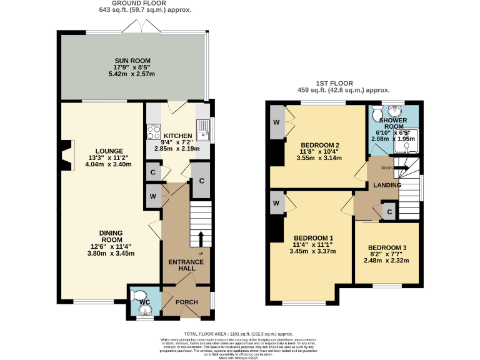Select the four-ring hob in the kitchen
[x=153, y=132]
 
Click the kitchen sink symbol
[x=202, y=132]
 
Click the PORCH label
[x=186, y=302]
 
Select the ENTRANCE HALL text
[x=183, y=264]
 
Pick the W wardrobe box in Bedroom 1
[x=276, y=203]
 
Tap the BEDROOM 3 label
[x=387, y=248]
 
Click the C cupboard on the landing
[x=389, y=212]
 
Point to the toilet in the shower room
[x=378, y=113]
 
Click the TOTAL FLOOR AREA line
[x=239, y=335]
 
